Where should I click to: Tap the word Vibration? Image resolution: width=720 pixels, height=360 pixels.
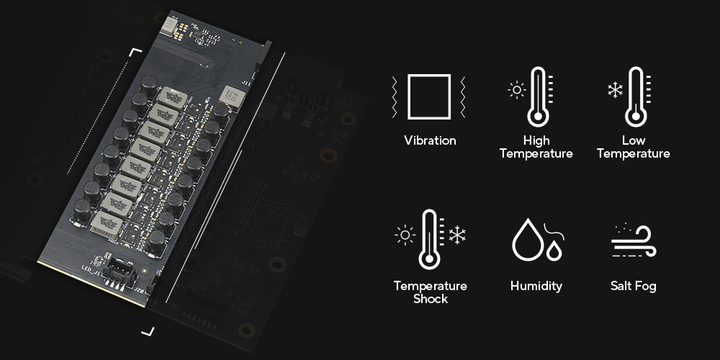click(430, 140)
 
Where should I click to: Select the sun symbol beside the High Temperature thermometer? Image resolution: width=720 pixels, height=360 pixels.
click(517, 89)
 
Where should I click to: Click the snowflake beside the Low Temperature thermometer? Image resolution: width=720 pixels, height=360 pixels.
click(615, 89)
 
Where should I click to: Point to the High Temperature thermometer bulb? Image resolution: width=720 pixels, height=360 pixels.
click(538, 117)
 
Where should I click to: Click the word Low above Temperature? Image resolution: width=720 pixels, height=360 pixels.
click(633, 140)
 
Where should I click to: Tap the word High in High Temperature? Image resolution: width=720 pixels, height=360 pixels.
click(536, 140)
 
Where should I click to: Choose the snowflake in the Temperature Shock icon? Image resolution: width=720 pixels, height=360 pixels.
click(457, 235)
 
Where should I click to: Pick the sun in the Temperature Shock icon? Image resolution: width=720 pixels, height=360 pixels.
click(405, 235)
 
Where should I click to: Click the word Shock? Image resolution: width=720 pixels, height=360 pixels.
click(430, 299)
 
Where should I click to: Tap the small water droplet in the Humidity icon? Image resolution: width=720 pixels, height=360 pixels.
click(554, 251)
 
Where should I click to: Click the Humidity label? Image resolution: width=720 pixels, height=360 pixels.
click(536, 287)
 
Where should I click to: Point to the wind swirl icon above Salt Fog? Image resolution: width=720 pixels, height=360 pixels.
click(633, 241)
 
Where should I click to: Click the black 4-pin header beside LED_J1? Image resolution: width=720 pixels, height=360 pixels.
click(120, 274)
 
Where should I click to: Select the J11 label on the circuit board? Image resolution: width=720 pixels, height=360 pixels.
click(246, 84)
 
